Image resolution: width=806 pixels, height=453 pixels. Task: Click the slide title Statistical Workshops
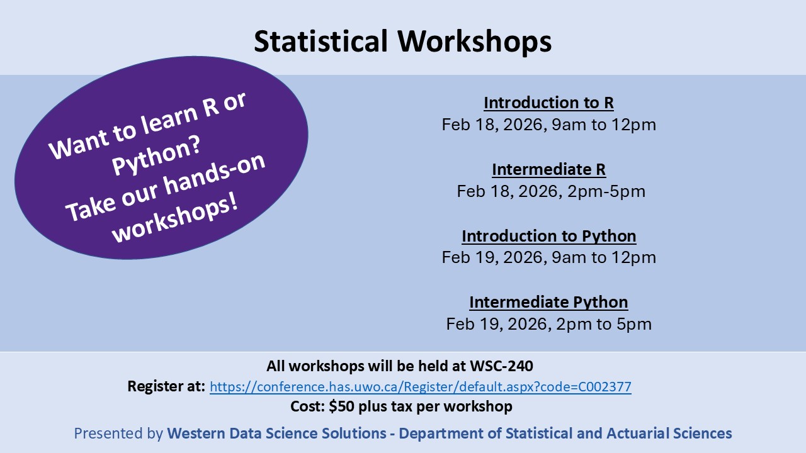coord(403,42)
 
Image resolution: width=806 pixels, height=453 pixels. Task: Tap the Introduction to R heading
coord(548,103)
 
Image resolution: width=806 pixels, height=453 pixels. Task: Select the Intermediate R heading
coord(548,169)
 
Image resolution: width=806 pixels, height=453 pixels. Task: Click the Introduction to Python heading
coord(548,236)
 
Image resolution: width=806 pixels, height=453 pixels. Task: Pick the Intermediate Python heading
coord(548,303)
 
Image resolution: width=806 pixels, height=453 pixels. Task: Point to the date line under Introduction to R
coord(548,125)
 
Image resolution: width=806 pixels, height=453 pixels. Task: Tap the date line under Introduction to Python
coord(548,257)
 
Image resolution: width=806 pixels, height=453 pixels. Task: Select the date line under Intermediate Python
coord(548,324)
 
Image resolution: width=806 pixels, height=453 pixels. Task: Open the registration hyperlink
coord(420,387)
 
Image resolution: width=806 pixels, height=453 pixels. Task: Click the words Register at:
coord(166,386)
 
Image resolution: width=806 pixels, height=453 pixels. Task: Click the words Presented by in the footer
coord(118,433)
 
